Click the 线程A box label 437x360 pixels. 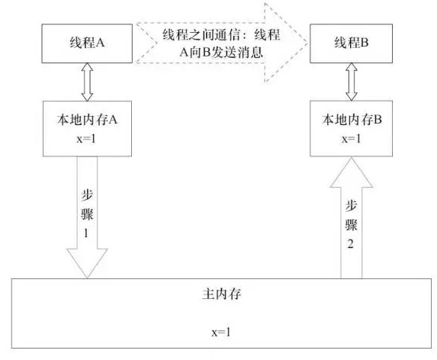(87, 43)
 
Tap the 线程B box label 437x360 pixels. (352, 43)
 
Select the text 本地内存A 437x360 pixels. (87, 120)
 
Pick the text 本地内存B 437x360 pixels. (352, 120)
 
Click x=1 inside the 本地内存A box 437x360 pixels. (86, 139)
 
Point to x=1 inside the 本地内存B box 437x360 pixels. (352, 139)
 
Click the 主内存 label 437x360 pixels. (221, 294)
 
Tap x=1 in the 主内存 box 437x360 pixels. (221, 332)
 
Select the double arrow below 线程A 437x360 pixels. (87, 82)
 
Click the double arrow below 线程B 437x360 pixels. (352, 82)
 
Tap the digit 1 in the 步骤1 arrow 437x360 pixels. (86, 233)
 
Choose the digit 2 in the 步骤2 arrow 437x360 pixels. (351, 243)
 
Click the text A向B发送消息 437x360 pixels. (221, 52)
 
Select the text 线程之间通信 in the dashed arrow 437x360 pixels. (201, 35)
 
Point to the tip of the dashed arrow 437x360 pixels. (307, 43)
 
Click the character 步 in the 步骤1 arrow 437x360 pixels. (87, 195)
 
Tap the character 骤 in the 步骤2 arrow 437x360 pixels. (351, 224)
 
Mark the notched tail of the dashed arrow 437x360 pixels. (156, 43)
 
